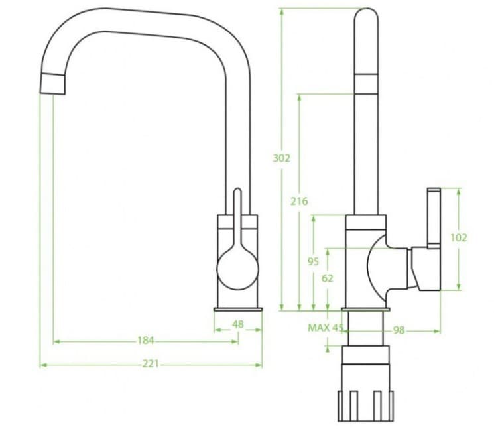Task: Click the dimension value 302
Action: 282,158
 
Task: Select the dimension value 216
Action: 299,201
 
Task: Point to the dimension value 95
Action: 314,261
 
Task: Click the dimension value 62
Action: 328,278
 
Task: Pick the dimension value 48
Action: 238,324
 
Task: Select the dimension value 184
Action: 145,341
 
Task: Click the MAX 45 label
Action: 325,328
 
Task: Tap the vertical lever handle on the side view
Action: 434,219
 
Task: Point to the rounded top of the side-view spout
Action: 365,17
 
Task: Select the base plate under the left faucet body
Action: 238,310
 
